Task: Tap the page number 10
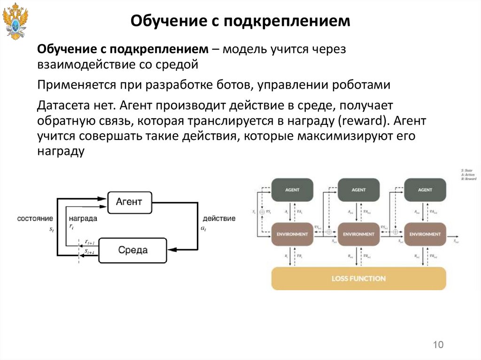[x=438, y=345]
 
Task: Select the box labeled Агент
[x=129, y=203]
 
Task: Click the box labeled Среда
[x=132, y=250]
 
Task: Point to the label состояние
[x=35, y=219]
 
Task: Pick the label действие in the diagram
[x=219, y=219]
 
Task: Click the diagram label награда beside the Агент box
[x=83, y=219]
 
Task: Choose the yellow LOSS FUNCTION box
[x=358, y=278]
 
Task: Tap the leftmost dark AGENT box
[x=292, y=190]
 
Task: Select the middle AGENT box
[x=358, y=190]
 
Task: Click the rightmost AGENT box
[x=425, y=190]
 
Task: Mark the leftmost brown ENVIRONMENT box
[x=292, y=234]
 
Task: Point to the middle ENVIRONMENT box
[x=358, y=234]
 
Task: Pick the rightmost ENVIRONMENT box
[x=425, y=234]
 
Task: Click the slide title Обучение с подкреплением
[x=240, y=21]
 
